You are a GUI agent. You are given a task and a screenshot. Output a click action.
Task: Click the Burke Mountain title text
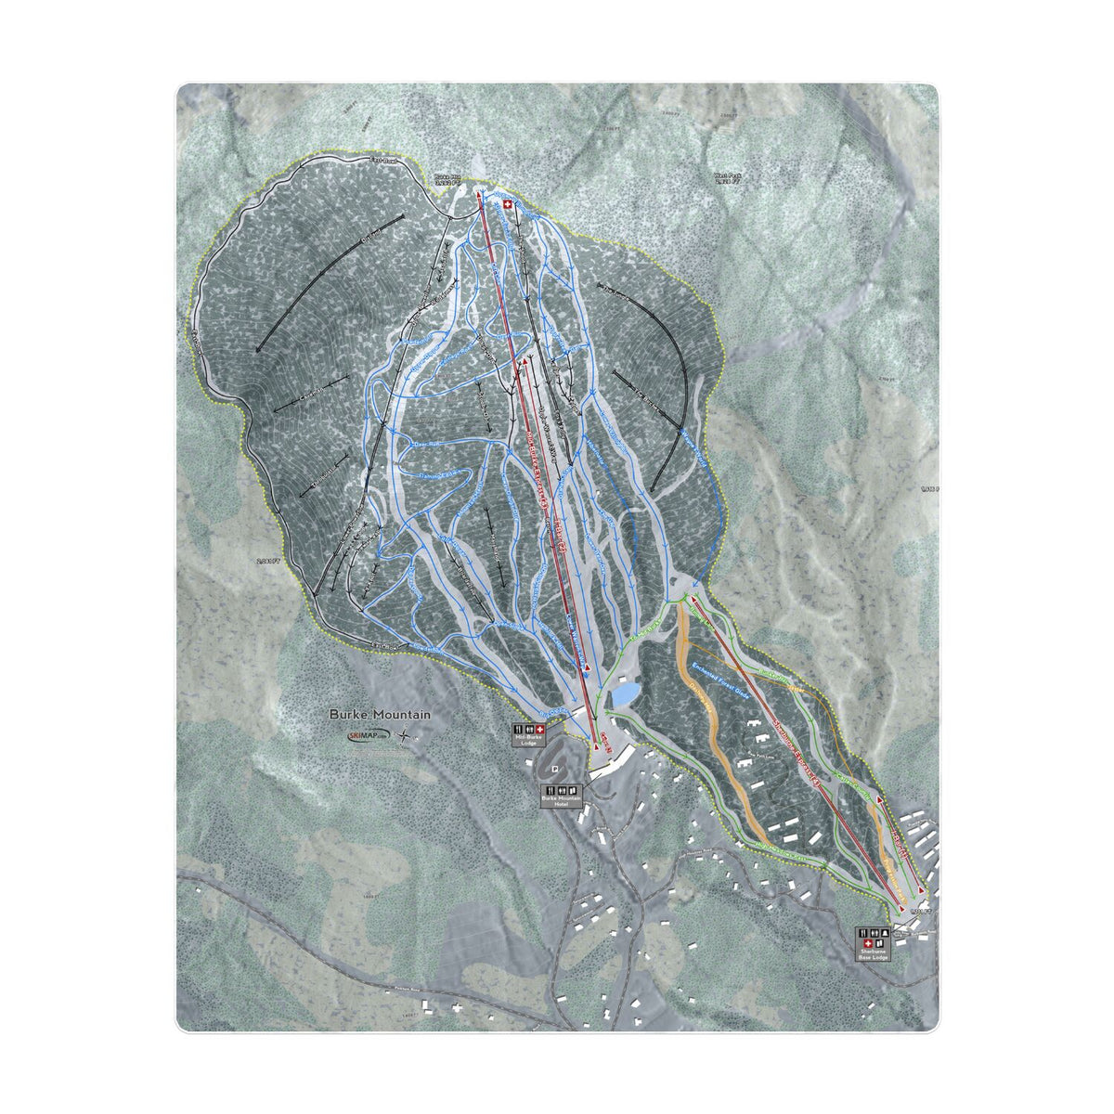(380, 716)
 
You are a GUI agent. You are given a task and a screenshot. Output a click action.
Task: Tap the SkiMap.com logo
(369, 736)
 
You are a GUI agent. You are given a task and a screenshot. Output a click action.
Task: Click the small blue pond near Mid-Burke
(623, 693)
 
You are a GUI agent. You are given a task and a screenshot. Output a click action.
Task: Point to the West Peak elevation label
(726, 179)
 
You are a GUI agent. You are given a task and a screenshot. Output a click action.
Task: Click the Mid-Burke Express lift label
(549, 473)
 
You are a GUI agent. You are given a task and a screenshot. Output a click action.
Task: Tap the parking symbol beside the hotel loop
(554, 769)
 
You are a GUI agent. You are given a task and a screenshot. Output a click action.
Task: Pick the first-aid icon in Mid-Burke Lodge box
(539, 731)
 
